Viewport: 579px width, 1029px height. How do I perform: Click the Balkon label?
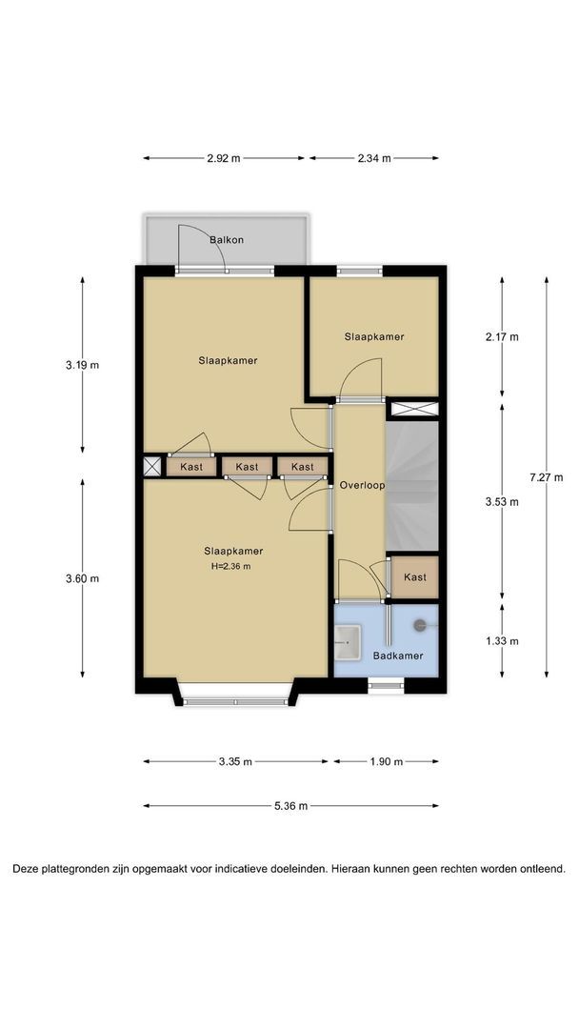tap(227, 239)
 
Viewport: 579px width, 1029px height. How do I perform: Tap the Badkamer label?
tap(398, 656)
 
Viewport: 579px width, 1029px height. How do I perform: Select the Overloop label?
tap(362, 486)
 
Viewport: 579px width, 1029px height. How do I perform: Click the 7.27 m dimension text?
tap(546, 477)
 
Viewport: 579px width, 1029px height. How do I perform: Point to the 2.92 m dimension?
tap(224, 158)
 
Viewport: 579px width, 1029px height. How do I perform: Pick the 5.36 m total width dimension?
tap(291, 806)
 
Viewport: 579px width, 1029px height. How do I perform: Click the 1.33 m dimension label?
tap(502, 641)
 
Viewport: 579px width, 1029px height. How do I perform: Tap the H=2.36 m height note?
tap(230, 566)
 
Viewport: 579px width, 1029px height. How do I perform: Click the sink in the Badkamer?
tap(348, 642)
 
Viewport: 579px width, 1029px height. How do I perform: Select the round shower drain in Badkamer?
tap(420, 626)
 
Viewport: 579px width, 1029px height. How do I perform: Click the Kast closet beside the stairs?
tap(414, 577)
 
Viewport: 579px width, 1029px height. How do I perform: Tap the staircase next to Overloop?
tap(411, 486)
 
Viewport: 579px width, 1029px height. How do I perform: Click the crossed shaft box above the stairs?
tap(414, 409)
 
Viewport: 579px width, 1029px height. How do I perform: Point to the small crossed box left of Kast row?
tap(152, 467)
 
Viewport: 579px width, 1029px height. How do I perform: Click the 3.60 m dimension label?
tap(83, 579)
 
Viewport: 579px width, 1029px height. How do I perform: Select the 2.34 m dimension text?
tap(374, 158)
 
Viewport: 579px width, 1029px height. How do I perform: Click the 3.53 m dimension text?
tap(502, 502)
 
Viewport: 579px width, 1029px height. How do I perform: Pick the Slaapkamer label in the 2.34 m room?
tap(374, 336)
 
